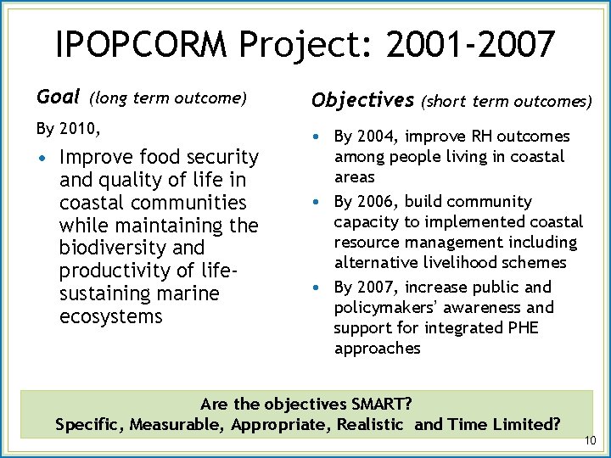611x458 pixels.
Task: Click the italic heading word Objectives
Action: pyautogui.click(x=362, y=100)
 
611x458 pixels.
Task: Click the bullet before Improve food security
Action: pyautogui.click(x=42, y=158)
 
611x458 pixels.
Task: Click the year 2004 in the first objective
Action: pyautogui.click(x=378, y=137)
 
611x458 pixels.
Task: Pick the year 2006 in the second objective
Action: pyautogui.click(x=378, y=202)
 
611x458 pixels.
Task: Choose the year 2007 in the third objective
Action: pyautogui.click(x=378, y=287)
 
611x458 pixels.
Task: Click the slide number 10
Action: pyautogui.click(x=591, y=440)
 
